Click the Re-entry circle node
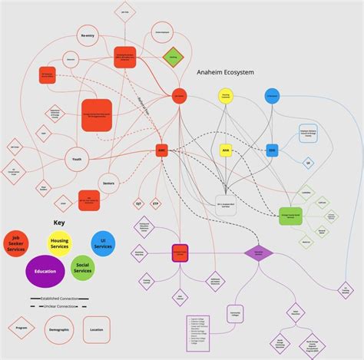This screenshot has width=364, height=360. coord(88,36)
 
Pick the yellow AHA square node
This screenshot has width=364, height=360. coord(225,150)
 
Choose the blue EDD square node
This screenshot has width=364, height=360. coord(271,150)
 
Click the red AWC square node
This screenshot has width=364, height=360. coord(161,150)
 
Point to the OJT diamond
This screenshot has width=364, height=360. coord(139,203)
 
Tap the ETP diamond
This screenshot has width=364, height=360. coord(157,203)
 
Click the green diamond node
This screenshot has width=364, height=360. coord(174,57)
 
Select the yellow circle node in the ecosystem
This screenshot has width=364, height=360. coord(225,97)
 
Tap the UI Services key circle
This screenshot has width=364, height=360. coord(102,243)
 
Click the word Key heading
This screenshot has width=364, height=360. coord(59,223)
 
